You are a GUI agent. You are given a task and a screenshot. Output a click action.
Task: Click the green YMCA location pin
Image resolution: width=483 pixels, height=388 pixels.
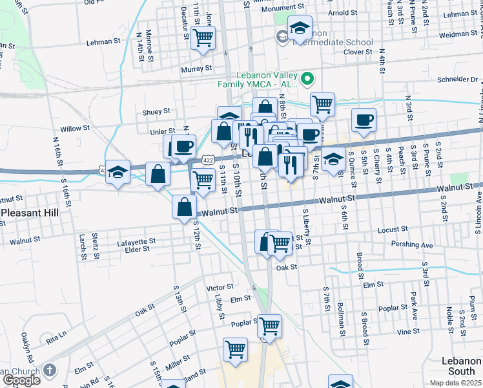pos(307,80)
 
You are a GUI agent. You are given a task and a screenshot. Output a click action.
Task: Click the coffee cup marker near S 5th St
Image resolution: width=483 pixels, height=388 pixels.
pos(364,120)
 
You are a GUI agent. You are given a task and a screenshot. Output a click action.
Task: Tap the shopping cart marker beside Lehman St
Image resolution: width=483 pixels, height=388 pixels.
pos(204,38)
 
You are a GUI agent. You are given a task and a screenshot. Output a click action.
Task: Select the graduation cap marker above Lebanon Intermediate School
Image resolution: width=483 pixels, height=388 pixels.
pos(300,28)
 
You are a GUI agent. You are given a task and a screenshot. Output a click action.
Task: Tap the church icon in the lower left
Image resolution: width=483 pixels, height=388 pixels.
pos(50,371)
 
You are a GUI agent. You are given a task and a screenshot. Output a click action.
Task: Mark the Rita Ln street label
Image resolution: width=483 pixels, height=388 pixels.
pos(56,337)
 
